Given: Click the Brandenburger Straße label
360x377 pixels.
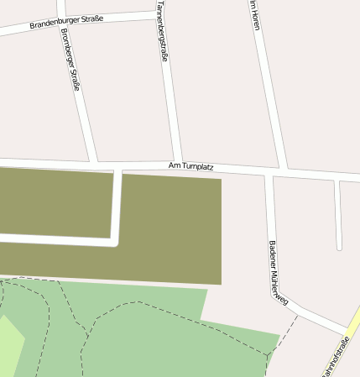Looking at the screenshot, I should coord(66,21).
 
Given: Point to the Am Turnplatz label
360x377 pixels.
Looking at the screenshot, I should coord(191,166).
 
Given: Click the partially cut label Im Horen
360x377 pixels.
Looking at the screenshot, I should coord(254,15).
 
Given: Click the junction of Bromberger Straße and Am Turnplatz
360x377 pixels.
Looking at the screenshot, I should coord(93,160).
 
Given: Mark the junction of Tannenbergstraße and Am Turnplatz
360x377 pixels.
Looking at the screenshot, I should coord(177,165).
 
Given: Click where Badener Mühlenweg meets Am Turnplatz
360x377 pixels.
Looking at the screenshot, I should coord(269,174).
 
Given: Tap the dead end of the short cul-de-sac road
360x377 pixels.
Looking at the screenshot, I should coord(340,248).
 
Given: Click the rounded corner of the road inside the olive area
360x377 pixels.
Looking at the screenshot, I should coord(116,242).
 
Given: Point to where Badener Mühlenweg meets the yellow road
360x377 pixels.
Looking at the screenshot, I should coord(347,330).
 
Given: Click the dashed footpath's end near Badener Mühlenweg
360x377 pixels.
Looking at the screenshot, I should coord(297,317).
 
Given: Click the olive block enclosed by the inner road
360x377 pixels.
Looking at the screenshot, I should coord(55,202).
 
